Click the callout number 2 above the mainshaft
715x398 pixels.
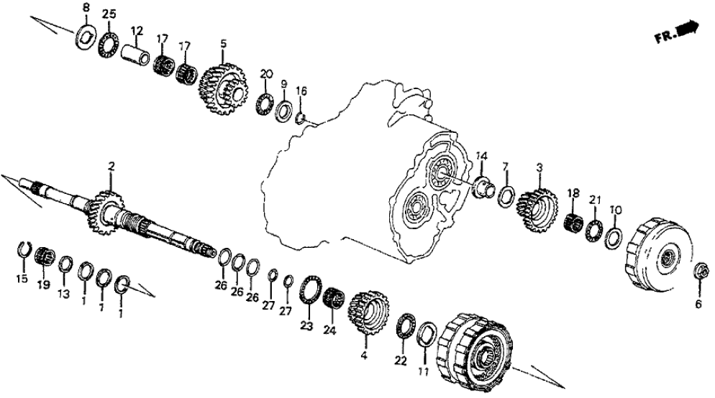(x=111, y=167)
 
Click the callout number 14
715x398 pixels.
(x=481, y=155)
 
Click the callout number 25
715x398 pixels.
(x=108, y=14)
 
